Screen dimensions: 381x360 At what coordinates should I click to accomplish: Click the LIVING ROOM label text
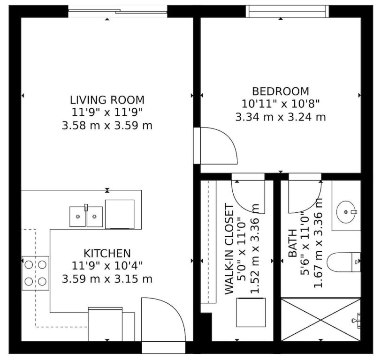[107, 100]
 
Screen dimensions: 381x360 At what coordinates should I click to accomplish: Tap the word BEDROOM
[281, 91]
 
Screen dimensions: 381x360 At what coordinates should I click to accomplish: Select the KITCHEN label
[107, 254]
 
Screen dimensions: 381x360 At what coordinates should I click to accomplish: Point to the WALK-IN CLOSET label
[229, 249]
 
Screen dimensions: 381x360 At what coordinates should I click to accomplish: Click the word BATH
[293, 243]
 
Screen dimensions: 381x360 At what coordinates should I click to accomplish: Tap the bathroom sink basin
[346, 212]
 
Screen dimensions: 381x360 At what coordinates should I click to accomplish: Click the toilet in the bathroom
[343, 262]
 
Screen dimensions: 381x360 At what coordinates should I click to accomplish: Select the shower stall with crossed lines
[321, 320]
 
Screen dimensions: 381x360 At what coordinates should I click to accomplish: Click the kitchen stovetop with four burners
[36, 273]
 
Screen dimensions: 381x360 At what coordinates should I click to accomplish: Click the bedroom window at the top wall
[287, 11]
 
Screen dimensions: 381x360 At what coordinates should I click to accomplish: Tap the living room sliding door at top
[118, 11]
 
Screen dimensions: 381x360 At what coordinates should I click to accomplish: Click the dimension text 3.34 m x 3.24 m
[281, 117]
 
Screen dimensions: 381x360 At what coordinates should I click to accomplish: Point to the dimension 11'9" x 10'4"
[107, 266]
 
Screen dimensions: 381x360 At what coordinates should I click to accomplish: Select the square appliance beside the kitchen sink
[120, 214]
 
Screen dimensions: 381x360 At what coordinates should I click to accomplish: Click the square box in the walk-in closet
[251, 312]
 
